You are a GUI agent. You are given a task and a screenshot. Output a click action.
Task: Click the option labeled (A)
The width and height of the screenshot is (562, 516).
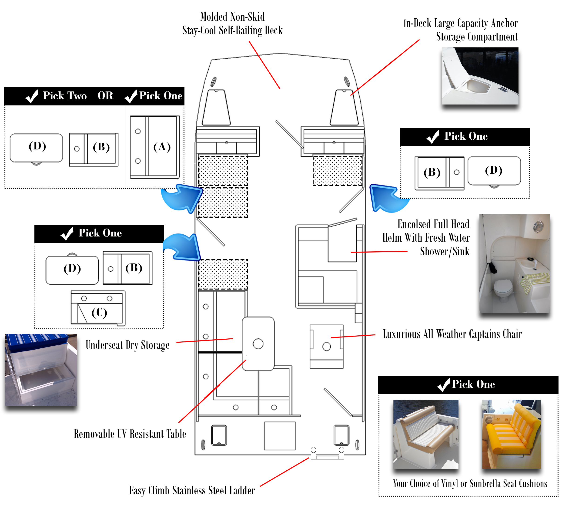coord(155,147)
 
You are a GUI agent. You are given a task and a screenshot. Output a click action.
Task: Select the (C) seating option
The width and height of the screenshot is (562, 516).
coord(98,308)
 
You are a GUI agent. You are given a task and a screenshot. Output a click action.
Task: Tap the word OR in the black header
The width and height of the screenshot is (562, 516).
coord(105,96)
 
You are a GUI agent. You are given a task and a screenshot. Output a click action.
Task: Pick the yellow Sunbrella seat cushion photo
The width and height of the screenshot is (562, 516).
coord(511,434)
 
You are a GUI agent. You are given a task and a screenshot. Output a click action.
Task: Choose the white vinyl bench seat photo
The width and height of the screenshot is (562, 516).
coord(425,434)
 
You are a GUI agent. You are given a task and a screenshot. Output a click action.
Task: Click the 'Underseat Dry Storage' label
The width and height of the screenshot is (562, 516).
coord(127,345)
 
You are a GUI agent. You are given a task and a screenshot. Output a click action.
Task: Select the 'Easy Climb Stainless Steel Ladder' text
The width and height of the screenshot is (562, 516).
coord(192,491)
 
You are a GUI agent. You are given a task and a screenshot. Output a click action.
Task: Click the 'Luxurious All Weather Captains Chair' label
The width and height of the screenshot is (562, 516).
coord(452,334)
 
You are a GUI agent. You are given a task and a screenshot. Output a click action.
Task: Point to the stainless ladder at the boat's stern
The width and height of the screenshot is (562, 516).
coord(328,454)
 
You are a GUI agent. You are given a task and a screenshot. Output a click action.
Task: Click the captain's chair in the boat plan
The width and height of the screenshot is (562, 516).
coord(327,346)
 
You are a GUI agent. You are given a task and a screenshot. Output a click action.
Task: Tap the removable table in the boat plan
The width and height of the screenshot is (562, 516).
coord(258,344)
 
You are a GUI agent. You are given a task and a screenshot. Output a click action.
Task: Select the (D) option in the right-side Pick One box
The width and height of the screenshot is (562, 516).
coord(494,171)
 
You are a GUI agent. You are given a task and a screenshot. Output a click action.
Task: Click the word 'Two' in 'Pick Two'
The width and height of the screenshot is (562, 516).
coord(77,96)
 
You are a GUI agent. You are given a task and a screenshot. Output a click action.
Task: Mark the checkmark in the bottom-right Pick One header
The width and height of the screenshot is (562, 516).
coord(443,385)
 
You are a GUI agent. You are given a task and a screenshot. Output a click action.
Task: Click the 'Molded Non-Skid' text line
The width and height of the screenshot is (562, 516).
coord(232,17)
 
